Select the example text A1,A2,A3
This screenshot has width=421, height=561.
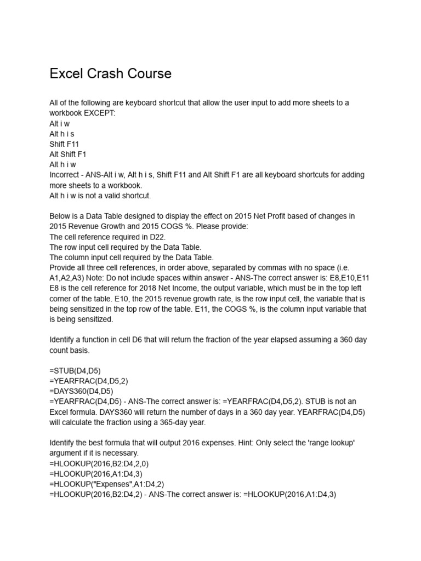point(66,278)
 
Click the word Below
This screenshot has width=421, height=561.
point(60,216)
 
